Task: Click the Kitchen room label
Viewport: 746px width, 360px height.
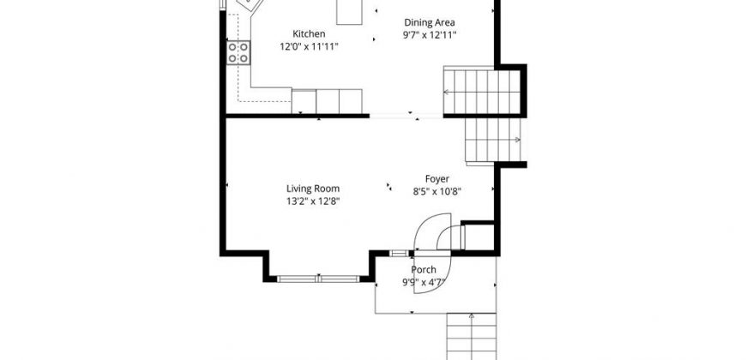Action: click(309, 33)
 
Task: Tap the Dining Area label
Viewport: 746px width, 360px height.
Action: click(429, 22)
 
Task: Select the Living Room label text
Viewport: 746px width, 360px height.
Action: click(313, 189)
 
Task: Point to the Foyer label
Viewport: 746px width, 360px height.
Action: click(436, 179)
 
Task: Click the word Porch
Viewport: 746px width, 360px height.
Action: click(424, 270)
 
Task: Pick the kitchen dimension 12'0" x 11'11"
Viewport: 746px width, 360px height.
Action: click(309, 46)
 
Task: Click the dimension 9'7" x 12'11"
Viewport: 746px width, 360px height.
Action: click(430, 35)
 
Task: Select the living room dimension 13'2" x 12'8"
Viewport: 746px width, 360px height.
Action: click(313, 201)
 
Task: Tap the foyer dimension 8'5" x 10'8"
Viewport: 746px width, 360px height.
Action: click(436, 192)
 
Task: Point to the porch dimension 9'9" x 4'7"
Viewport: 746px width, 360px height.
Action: click(424, 282)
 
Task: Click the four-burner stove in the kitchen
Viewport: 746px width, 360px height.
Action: click(238, 53)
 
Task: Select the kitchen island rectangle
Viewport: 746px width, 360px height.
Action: click(349, 12)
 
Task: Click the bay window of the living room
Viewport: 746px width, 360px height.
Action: click(318, 279)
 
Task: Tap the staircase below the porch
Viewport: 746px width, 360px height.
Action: click(472, 336)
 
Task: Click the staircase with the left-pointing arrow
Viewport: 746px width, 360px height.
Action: click(482, 92)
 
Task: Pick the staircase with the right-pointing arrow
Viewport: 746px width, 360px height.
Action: click(493, 140)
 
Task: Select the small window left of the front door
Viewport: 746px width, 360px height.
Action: click(399, 253)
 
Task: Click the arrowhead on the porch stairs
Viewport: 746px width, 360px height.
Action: click(472, 315)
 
